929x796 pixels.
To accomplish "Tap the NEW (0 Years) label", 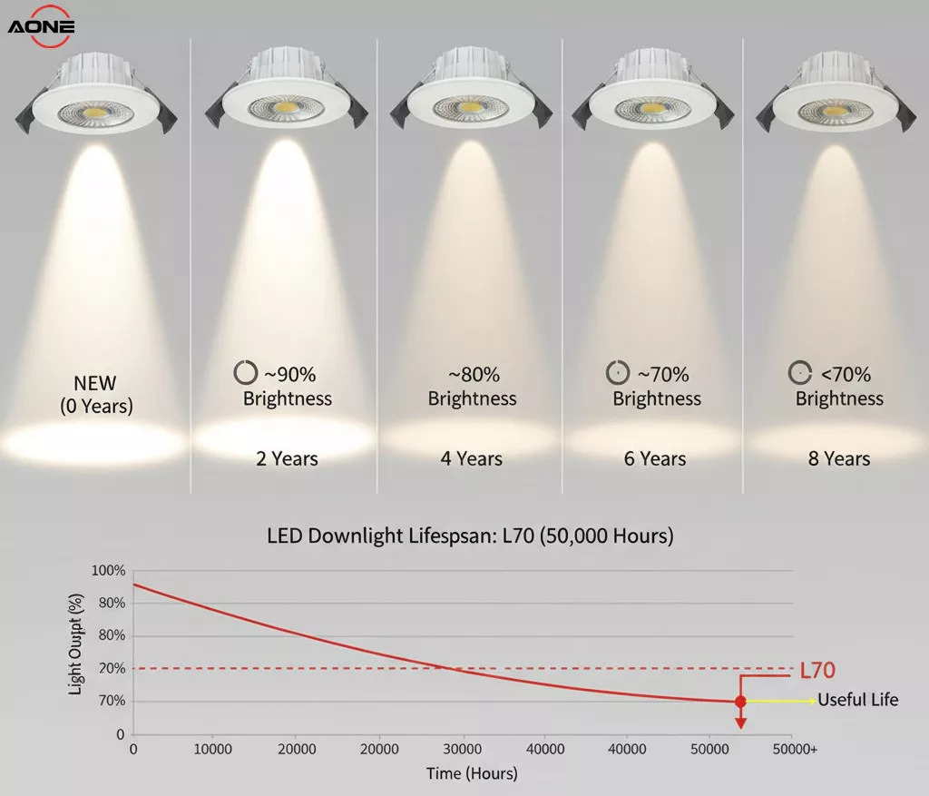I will (96, 395).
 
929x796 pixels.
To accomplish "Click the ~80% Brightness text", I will (472, 386).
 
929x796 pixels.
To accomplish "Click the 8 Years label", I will (839, 459).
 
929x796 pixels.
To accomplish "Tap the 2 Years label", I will (287, 459).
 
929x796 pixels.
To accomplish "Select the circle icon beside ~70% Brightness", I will (617, 372).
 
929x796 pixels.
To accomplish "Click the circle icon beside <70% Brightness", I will (799, 372).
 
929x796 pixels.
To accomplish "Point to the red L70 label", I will (817, 671).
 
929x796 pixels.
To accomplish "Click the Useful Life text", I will (857, 700).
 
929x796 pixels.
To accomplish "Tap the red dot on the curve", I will (740, 702).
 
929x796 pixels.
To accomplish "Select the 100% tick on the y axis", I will (109, 571).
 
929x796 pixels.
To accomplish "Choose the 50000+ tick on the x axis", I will (795, 750).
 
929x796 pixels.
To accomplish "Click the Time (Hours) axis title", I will (472, 773).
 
